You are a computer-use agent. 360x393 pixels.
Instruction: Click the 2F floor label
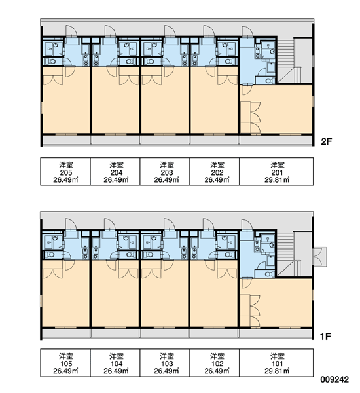[x=327, y=142]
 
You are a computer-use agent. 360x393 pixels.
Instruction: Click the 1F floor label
[x=326, y=337]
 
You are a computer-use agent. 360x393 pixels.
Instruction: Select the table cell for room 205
[x=65, y=172]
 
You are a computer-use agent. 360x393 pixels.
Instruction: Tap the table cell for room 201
[x=276, y=172]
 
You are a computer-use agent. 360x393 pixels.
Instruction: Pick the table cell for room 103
[x=165, y=363]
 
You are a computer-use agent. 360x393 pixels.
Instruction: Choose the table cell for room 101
[x=276, y=363]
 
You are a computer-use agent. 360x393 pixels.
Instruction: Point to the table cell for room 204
[x=115, y=172]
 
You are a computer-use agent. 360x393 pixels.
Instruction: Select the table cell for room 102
[x=215, y=363]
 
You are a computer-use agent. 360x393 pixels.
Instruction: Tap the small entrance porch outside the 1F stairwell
[x=320, y=257]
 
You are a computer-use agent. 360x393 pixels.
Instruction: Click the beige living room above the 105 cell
[x=65, y=293]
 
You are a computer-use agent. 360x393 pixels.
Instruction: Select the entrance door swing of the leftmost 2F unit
[x=71, y=31]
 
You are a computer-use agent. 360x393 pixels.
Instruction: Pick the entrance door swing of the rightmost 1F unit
[x=247, y=225]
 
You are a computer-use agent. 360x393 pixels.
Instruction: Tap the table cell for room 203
[x=165, y=172]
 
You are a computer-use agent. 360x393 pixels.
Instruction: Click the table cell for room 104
[x=115, y=363]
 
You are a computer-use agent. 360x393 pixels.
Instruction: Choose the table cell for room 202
[x=215, y=172]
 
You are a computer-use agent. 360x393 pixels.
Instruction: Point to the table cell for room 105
[x=65, y=363]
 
